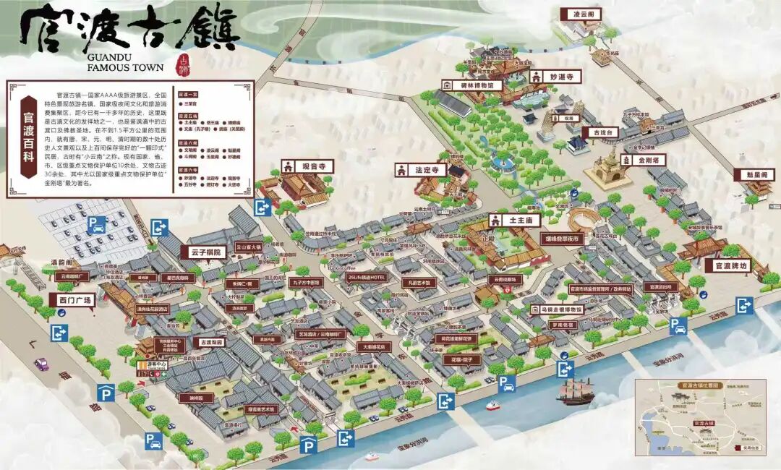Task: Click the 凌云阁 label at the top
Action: (582, 14)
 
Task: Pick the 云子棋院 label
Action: (204, 252)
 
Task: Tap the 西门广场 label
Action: (71, 299)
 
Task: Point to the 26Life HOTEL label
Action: (367, 277)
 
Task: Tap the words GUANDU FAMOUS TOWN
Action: (124, 61)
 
